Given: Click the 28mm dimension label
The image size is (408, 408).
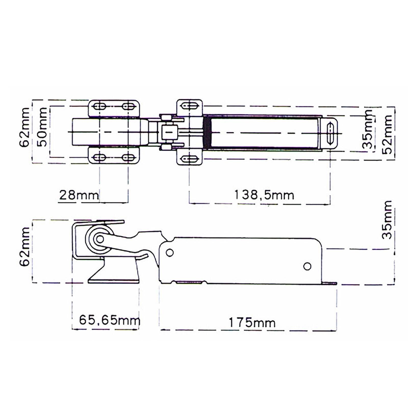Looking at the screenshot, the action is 79,195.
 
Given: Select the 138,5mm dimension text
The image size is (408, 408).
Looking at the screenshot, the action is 264,195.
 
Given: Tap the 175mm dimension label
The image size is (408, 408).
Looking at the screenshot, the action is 252,323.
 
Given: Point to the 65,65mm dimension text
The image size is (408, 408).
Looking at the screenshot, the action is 110,320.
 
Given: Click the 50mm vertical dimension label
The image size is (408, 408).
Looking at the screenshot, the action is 42,127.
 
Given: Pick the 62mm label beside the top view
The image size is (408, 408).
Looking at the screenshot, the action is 24,127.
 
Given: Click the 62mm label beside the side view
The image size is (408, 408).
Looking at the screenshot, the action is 24,247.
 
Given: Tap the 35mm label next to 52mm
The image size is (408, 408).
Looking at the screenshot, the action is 367,129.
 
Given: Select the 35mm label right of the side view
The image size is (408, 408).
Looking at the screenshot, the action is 387,220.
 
